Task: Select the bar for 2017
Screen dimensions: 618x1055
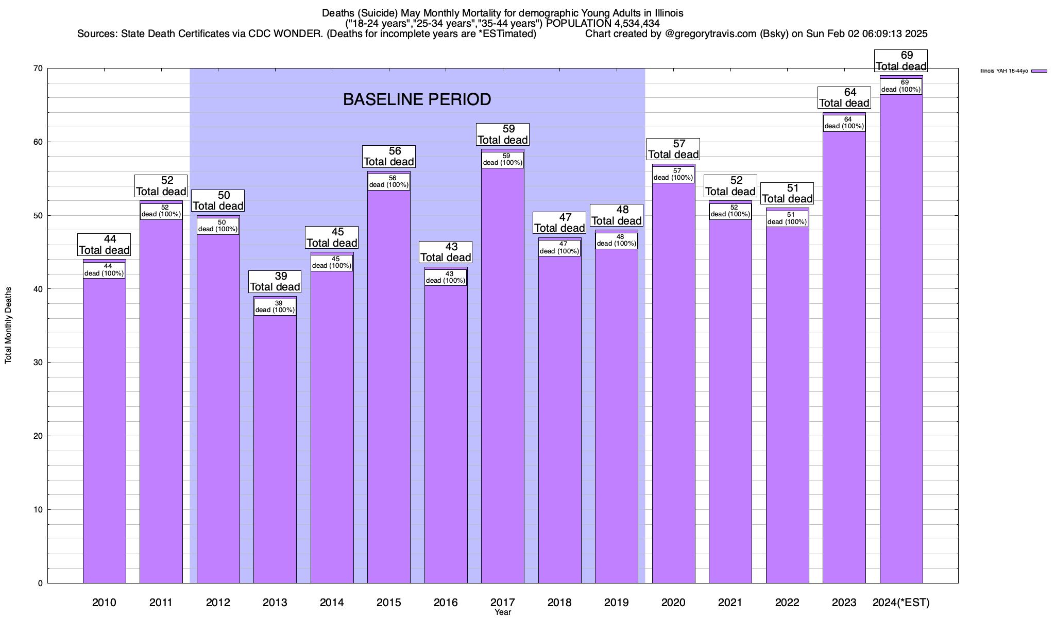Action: (503, 376)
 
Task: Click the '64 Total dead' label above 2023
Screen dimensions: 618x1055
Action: (844, 97)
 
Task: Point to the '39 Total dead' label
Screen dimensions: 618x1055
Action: (275, 282)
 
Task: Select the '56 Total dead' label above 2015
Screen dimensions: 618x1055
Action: (389, 157)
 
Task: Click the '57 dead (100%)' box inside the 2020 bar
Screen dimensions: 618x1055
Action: (673, 175)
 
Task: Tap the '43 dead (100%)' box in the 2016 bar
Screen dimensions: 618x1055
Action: (446, 278)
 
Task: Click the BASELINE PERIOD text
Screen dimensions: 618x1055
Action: (417, 99)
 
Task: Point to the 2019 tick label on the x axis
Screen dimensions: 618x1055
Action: (616, 602)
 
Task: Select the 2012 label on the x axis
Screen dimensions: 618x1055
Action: (218, 602)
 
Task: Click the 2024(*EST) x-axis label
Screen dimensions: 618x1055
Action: (901, 602)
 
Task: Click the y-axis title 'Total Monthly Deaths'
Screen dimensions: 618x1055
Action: (8, 325)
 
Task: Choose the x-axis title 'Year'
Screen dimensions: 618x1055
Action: (502, 612)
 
